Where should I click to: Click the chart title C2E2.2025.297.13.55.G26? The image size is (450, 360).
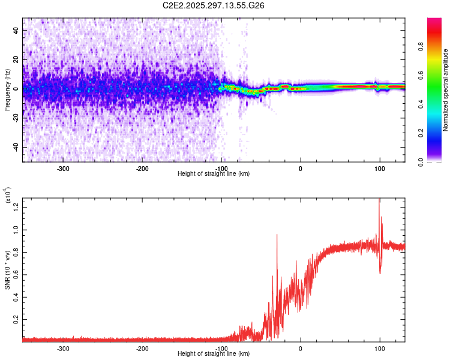pos(214,5)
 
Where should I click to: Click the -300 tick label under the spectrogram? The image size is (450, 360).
pos(64,167)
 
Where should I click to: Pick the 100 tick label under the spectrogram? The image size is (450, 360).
pos(379,167)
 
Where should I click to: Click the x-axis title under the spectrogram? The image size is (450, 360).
pos(214,174)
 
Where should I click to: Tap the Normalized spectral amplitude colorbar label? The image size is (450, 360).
pos(446,90)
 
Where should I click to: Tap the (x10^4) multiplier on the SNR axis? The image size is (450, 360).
pos(7,195)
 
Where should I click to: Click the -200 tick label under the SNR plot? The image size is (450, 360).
pos(143,348)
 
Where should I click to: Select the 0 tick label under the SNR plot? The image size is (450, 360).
pos(301,348)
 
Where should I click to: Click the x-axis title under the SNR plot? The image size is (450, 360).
pos(214,354)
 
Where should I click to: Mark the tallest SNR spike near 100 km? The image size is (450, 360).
pos(379,200)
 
